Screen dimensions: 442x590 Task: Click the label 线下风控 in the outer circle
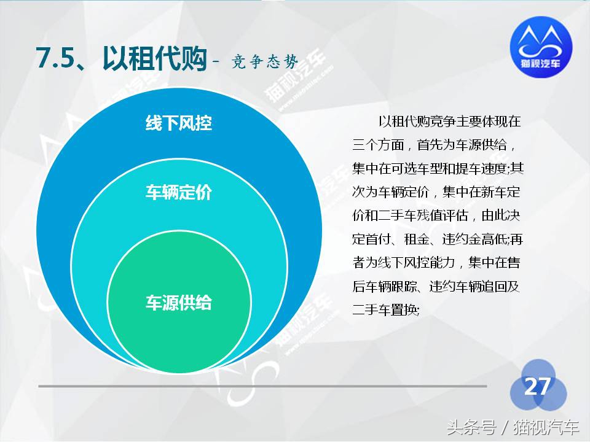pos(178,123)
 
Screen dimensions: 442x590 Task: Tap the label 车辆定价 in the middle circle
pos(178,193)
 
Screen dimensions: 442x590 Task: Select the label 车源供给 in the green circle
pos(178,303)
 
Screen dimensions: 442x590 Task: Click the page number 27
pos(537,387)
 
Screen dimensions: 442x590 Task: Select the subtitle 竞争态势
pos(265,63)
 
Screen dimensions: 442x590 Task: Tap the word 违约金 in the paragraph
pos(460,239)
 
